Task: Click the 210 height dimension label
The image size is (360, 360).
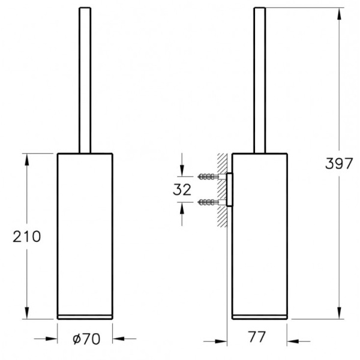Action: [x=27, y=236]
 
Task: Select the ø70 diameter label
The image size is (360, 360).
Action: [x=86, y=338]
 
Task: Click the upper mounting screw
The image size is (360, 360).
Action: [x=208, y=176]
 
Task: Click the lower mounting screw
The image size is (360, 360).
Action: [x=208, y=203]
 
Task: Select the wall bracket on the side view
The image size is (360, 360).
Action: [x=229, y=190]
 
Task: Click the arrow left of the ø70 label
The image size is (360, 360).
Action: [x=50, y=338]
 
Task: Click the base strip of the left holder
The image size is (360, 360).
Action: [x=85, y=316]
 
